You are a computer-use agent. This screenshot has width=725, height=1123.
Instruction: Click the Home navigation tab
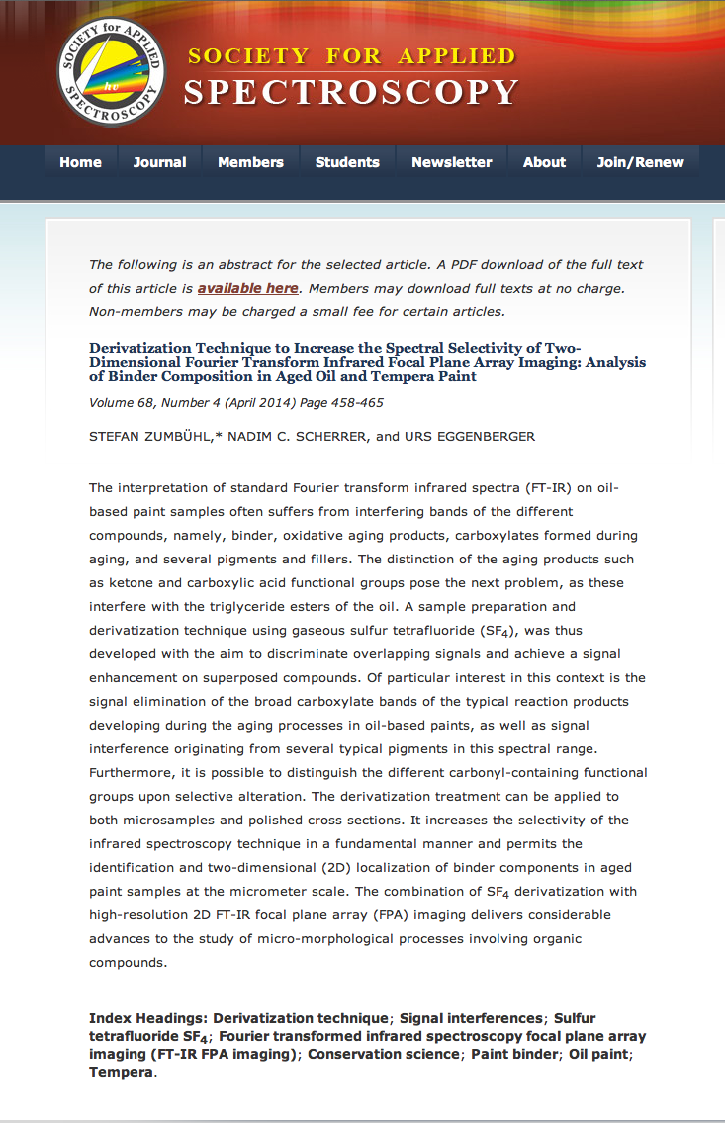point(80,162)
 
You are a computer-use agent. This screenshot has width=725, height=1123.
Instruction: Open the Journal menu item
point(159,162)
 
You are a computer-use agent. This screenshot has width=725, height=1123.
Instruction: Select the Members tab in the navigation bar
point(250,162)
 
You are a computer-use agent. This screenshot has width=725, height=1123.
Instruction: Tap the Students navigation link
point(347,162)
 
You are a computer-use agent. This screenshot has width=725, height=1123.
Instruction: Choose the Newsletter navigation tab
point(451,162)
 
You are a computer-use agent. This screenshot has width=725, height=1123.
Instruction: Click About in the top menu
point(544,162)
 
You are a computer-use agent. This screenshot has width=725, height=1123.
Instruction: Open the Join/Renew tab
point(640,162)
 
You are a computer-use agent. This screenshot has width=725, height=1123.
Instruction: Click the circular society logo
point(111,74)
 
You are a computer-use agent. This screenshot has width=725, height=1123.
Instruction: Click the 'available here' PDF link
point(247,288)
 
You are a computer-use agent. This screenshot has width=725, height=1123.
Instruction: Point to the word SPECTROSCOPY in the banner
point(351,93)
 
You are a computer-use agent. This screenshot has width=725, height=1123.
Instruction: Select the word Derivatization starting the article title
point(141,348)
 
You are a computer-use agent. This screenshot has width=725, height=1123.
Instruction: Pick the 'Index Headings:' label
point(148,1018)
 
